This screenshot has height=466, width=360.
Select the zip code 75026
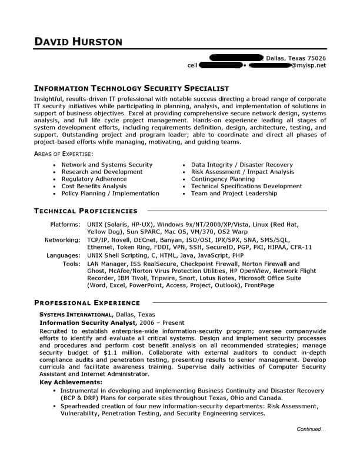(315, 58)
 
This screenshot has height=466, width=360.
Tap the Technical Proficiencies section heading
(85, 211)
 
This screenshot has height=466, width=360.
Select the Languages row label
(63, 256)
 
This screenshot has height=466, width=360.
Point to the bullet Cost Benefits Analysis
(94, 186)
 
